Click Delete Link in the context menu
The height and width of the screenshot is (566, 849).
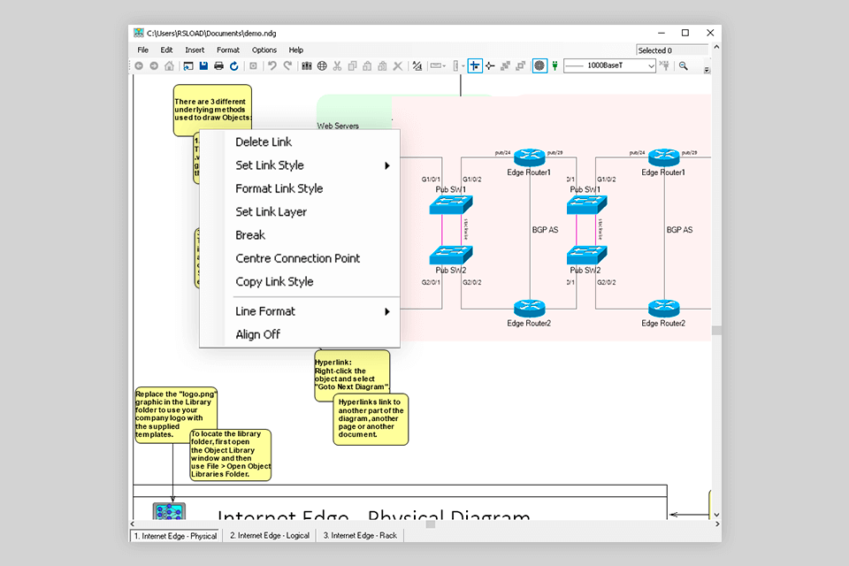coord(264,142)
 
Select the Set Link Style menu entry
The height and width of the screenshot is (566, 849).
coord(270,165)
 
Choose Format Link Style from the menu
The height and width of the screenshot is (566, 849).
coord(279,188)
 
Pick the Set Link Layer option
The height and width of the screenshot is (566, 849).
coord(272,212)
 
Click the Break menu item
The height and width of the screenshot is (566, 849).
coord(250,235)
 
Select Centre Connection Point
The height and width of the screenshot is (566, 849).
coord(298,258)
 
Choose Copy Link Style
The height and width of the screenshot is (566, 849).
coord(274,282)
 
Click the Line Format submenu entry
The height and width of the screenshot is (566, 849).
coord(265,311)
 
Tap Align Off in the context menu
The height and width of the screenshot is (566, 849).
coord(258,334)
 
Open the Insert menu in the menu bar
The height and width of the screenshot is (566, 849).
coord(195,50)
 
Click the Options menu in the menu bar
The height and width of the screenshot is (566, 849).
coord(264,50)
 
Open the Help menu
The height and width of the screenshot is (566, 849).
coord(296,50)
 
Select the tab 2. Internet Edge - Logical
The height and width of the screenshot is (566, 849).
coord(270,535)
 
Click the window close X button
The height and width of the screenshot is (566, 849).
coord(708,33)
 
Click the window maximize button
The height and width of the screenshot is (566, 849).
coord(685,33)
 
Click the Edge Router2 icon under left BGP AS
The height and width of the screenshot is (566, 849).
coord(529,309)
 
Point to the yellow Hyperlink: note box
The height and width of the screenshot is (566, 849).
coord(352,375)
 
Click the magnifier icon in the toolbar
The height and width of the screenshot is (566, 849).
coord(684,66)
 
